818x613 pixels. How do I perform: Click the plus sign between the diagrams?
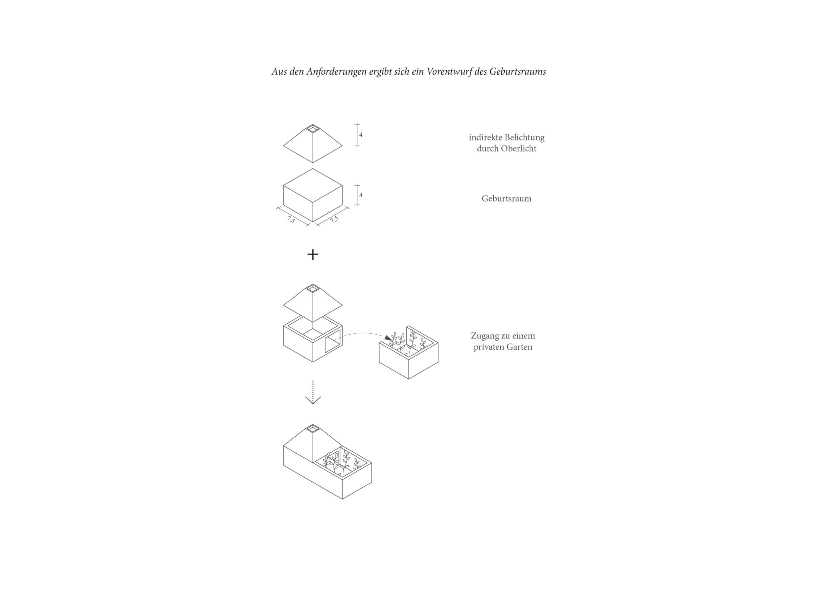pos(313,255)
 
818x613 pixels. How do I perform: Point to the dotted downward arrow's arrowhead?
pos(313,400)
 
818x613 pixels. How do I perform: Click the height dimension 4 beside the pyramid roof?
pos(361,135)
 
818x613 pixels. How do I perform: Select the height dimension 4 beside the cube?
pos(361,195)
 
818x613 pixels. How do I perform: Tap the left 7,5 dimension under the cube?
pos(291,219)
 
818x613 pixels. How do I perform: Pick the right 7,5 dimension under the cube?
pos(334,219)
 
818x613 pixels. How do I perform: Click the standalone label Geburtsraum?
pos(506,199)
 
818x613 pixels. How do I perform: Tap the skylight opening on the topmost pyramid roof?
pos(313,129)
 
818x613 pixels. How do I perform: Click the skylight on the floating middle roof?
pos(313,288)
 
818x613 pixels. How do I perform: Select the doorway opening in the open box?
pos(332,341)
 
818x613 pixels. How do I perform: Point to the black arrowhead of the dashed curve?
pos(388,338)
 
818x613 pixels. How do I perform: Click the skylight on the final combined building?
pos(313,429)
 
